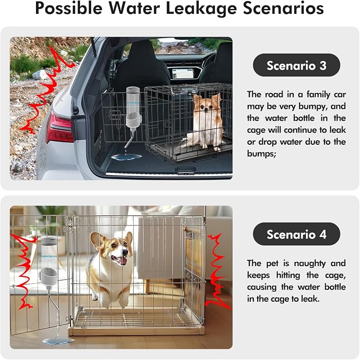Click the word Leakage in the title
(x=201, y=8)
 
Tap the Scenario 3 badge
(x=296, y=65)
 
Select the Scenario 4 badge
(x=296, y=234)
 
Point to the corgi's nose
(x=125, y=252)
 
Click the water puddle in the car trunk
(x=127, y=157)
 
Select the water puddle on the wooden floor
(x=58, y=341)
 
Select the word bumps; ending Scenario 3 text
(x=261, y=153)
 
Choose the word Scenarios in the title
(x=283, y=8)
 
